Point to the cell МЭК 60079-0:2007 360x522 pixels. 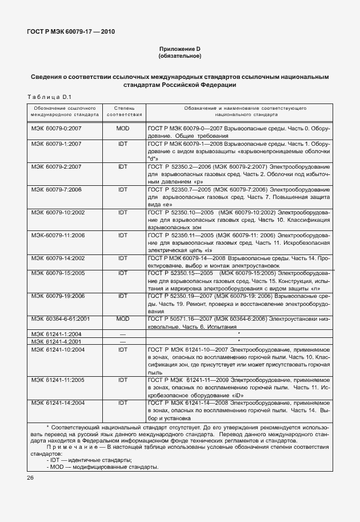(57, 129)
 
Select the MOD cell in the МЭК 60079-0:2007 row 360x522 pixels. (122, 129)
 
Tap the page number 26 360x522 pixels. (31, 477)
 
